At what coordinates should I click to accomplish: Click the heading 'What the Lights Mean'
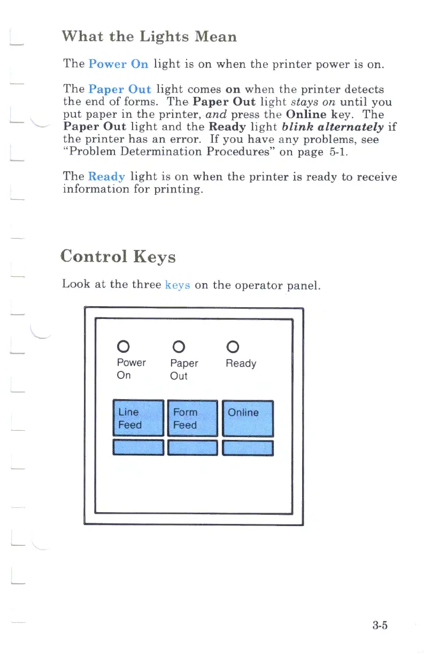(x=149, y=37)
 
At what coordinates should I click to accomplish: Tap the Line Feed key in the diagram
(x=138, y=418)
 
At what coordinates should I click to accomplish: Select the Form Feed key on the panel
(x=192, y=418)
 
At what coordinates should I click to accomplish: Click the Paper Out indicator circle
(x=178, y=345)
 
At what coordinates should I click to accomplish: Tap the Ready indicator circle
(x=233, y=345)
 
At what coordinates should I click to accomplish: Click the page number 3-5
(x=380, y=625)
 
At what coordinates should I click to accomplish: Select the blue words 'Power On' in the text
(x=118, y=64)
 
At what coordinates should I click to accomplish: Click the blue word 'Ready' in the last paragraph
(x=106, y=177)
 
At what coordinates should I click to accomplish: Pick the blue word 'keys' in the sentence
(x=178, y=284)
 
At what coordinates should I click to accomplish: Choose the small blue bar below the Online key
(x=248, y=447)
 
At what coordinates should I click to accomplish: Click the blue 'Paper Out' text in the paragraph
(x=120, y=89)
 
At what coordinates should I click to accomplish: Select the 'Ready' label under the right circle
(x=241, y=364)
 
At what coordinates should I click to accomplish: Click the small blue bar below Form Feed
(x=192, y=447)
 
